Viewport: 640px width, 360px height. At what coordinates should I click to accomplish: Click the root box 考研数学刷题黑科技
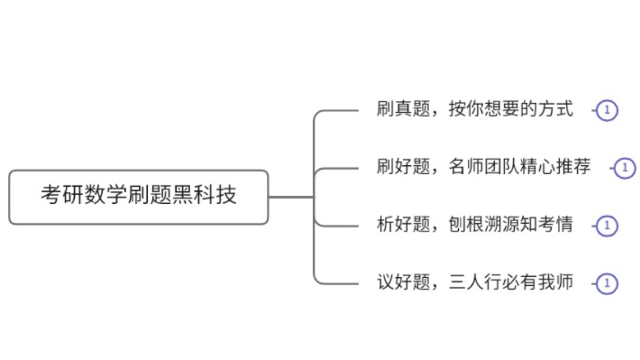139,197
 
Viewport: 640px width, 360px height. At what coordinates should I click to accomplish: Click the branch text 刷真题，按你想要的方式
475,110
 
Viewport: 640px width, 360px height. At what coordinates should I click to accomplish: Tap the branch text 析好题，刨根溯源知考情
475,225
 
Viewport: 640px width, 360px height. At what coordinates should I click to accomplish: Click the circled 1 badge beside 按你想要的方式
606,111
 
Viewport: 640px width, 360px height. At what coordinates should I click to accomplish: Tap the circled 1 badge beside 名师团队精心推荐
625,168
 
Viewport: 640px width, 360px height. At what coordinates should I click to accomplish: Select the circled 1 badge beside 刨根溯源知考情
606,226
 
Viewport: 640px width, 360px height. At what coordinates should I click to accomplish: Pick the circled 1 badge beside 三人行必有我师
606,283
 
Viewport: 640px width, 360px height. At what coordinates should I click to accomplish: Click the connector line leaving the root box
291,197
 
